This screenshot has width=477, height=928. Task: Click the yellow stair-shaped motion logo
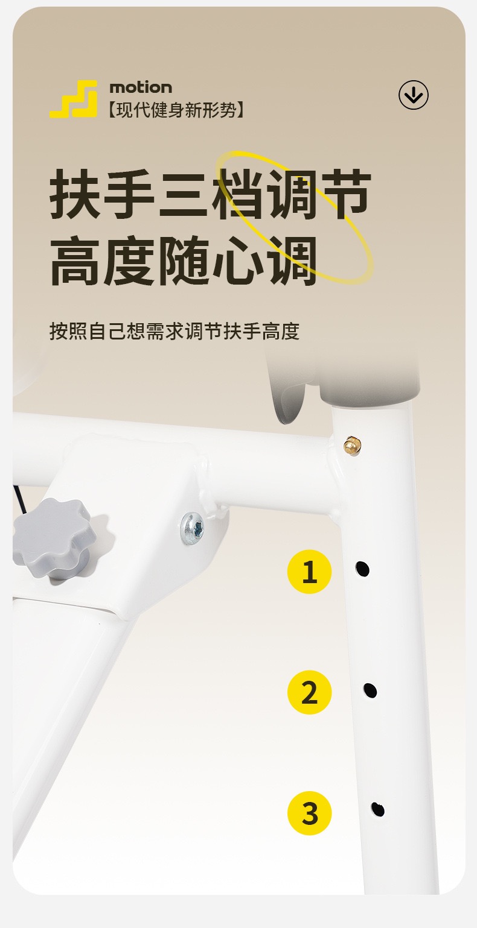pos(74,99)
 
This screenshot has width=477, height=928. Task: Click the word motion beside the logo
pos(141,87)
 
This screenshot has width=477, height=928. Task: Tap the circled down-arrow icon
pos(414,95)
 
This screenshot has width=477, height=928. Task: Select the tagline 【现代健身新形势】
pos(176,110)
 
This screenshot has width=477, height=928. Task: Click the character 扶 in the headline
pos(75,194)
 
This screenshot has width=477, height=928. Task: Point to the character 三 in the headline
pos(184,194)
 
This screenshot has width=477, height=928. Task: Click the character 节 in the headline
pos(345,194)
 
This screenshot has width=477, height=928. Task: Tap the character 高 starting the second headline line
pos(75,260)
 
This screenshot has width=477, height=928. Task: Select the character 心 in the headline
pos(237,260)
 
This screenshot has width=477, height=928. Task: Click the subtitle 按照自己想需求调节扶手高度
pos(174,331)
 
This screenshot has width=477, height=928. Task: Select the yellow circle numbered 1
pos(309,571)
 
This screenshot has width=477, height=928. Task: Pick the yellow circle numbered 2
pos(309,692)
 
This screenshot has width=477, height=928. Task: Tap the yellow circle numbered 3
pos(309,812)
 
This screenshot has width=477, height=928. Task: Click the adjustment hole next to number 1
pos(362,569)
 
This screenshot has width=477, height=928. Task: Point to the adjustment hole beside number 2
pos(370,690)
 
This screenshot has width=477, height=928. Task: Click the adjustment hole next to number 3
pos(378,810)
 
